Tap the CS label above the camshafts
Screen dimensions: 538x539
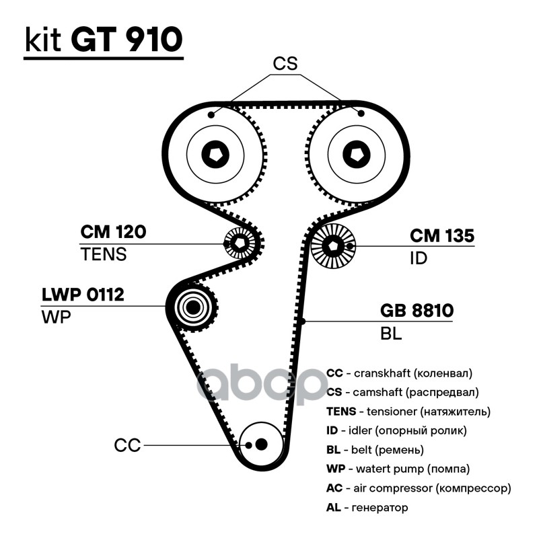tap(285, 64)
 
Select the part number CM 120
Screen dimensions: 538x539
tap(113, 233)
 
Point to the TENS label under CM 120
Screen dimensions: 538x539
tap(103, 255)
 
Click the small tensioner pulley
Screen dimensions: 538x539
tap(238, 243)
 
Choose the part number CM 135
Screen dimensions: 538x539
tap(442, 236)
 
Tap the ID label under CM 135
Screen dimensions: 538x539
tap(419, 258)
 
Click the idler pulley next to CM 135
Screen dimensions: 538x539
tap(332, 247)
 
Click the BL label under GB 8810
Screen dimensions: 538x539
tap(391, 334)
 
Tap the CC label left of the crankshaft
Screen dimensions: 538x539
tap(127, 445)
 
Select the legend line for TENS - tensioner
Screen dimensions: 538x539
tap(408, 410)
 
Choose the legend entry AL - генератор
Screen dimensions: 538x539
tap(367, 507)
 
